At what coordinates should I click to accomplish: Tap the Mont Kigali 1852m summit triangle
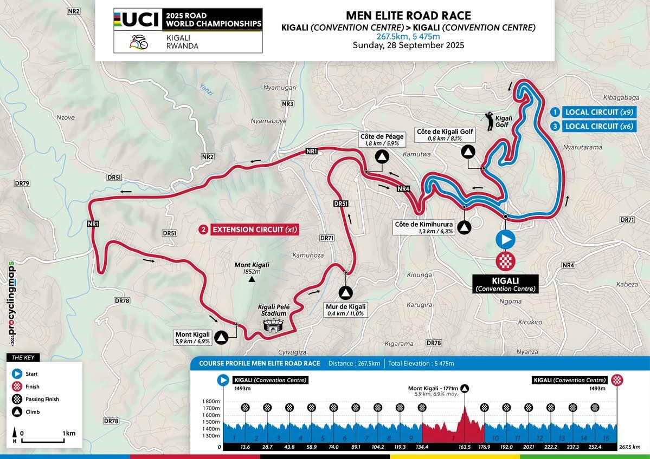tap(251, 280)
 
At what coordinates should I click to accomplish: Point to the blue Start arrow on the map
tap(506, 239)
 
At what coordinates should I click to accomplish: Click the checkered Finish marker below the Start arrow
tap(506, 260)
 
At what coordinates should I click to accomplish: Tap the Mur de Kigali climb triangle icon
tap(345, 293)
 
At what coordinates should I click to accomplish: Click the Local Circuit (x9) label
tap(592, 112)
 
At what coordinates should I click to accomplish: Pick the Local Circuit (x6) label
tap(592, 126)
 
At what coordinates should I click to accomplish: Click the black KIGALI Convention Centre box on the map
tap(505, 284)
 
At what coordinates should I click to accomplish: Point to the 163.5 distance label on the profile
tap(464, 447)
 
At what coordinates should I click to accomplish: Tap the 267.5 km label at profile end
tap(629, 447)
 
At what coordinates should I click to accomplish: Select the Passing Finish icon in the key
tap(18, 399)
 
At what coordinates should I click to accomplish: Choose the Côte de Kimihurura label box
tap(421, 228)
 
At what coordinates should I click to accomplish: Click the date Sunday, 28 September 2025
tap(408, 45)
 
